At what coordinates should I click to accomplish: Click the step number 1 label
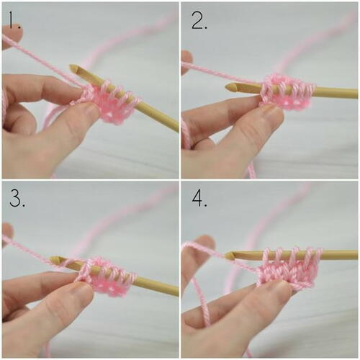15,20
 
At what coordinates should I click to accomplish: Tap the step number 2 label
199,21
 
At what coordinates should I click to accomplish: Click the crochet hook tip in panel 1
71,66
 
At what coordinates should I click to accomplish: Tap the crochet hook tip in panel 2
227,88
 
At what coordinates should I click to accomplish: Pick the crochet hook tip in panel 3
51,259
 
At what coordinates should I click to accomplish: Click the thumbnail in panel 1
89,111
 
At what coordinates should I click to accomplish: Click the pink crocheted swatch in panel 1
109,103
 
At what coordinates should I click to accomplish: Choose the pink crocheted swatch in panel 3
108,276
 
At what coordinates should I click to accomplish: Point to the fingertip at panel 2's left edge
186,60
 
